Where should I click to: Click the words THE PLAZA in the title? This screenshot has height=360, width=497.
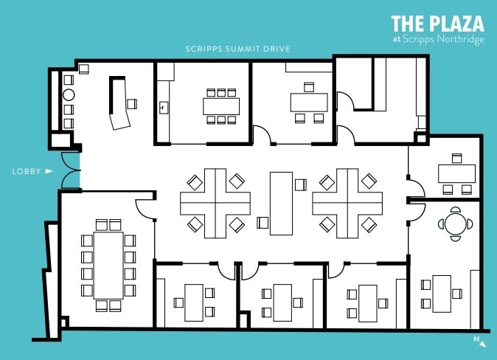[437, 23]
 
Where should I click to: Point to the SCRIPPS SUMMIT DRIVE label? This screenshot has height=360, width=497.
[238, 49]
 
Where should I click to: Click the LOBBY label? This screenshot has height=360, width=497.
[26, 171]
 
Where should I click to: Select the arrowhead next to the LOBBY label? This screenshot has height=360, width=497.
[49, 171]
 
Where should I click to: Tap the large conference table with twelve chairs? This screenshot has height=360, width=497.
[108, 263]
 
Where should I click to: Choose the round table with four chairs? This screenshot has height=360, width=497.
[455, 222]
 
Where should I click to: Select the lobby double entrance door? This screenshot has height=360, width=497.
[70, 170]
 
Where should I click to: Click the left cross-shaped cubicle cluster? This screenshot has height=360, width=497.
[215, 202]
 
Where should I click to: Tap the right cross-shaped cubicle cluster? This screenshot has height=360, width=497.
[347, 202]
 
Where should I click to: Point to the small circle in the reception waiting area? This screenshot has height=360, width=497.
[69, 95]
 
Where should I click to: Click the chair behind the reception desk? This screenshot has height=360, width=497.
[133, 103]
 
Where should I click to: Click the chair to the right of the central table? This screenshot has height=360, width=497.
[300, 184]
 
